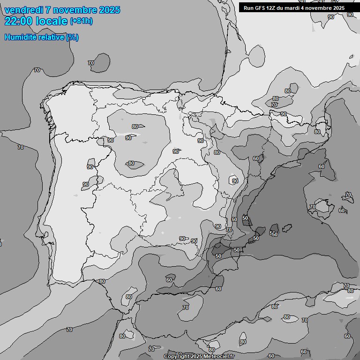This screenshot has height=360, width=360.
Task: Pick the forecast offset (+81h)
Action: [x=82, y=22]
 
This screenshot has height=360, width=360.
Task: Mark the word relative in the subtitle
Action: [x=52, y=37]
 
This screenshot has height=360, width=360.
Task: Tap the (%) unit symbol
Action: [x=73, y=37]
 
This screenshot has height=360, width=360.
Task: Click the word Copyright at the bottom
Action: [x=176, y=356]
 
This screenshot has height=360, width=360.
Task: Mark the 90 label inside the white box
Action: [x=235, y=181]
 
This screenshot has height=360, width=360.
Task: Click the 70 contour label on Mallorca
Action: [x=313, y=207]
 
